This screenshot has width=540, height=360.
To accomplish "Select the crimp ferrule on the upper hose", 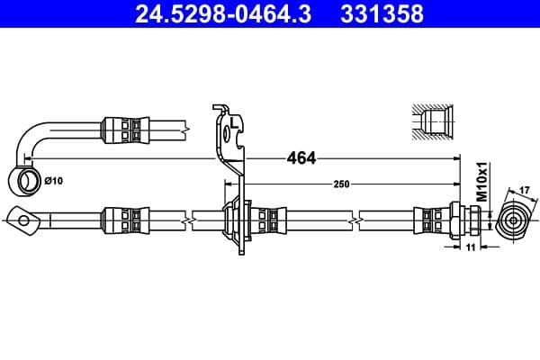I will pos(124,128).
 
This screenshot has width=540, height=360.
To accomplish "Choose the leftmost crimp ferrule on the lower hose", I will pos(124,218).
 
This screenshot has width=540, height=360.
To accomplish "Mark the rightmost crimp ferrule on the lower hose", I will pos(428,218).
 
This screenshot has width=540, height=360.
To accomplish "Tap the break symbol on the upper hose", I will pos(186,128).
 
